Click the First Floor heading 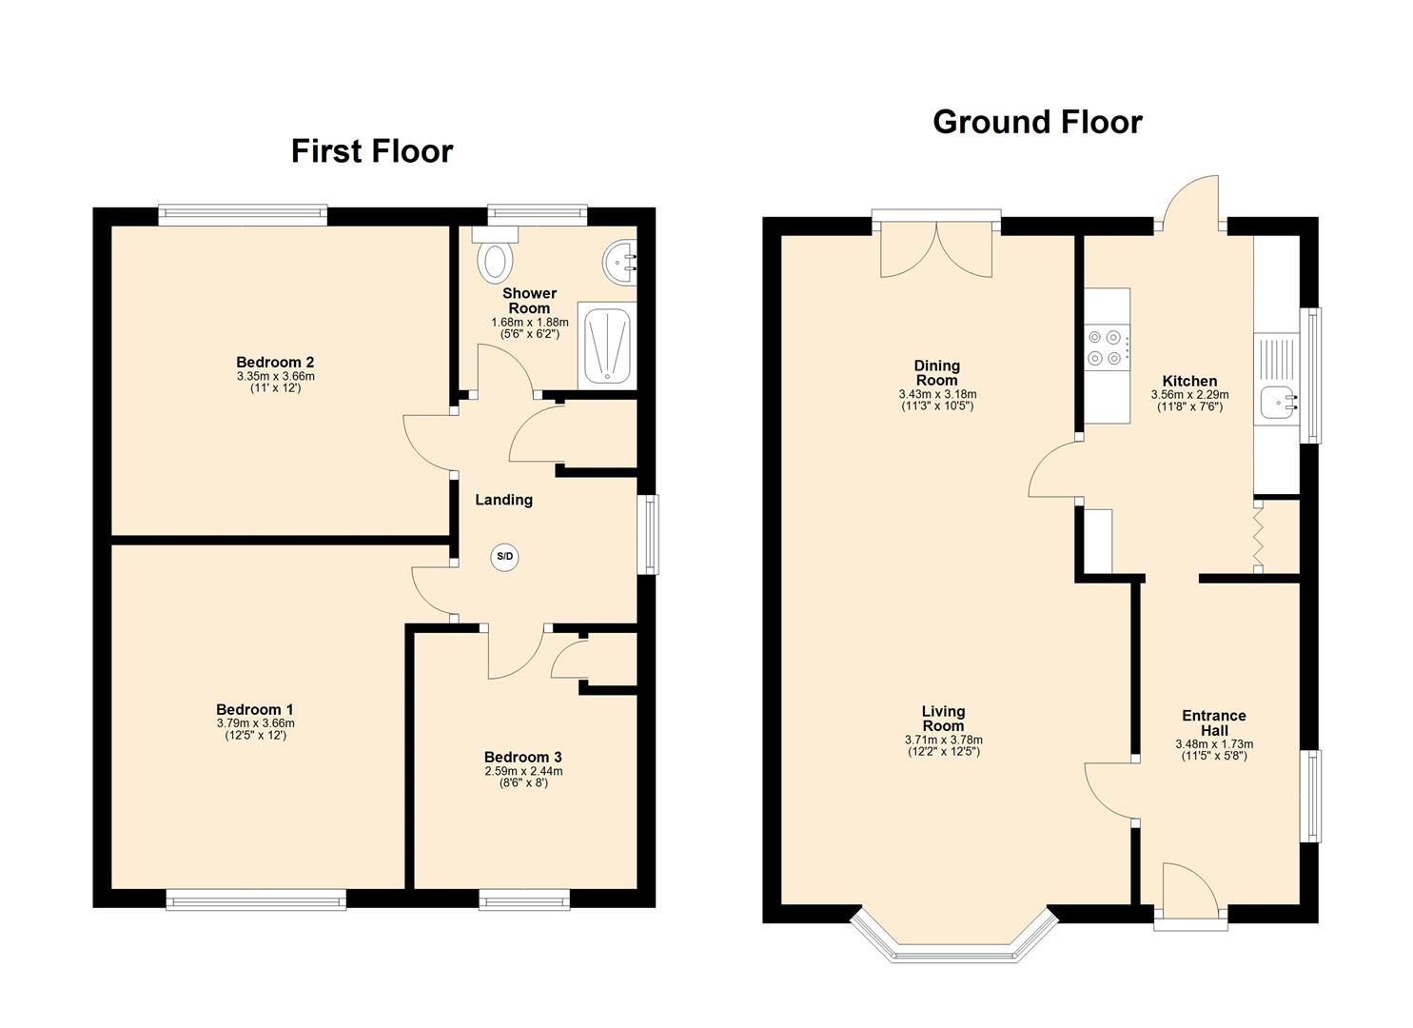(372, 151)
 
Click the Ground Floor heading (1036, 122)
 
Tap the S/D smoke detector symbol (505, 558)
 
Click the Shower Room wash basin (619, 256)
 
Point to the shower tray (606, 345)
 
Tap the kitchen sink (1276, 402)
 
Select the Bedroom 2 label (275, 362)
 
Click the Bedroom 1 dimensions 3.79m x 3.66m (255, 723)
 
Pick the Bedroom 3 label (522, 758)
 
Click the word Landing (503, 500)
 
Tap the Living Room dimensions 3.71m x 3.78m (943, 740)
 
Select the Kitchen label (1189, 381)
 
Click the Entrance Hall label (1213, 722)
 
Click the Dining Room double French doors (936, 250)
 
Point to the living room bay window (953, 942)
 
